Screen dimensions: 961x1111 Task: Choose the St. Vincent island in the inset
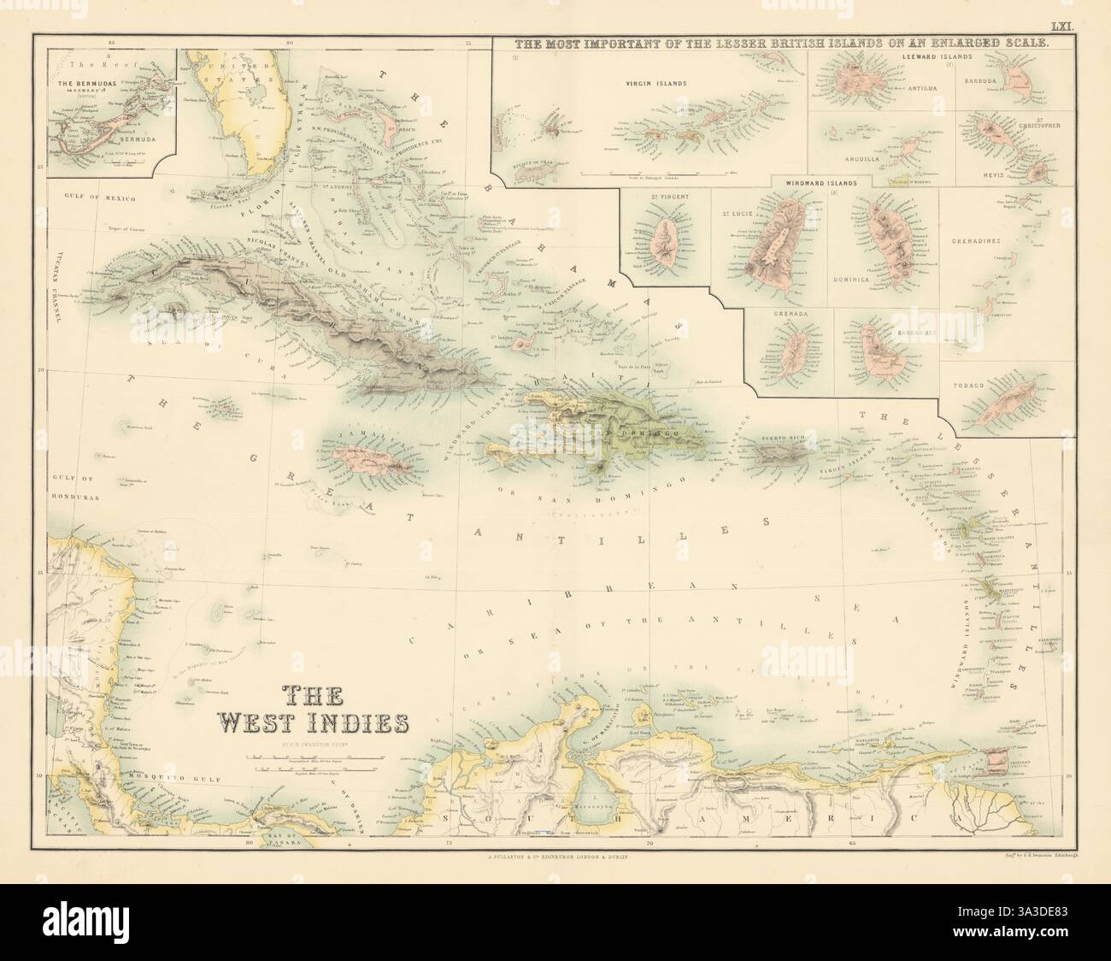(x=661, y=240)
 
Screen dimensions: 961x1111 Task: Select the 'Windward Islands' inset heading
(x=822, y=181)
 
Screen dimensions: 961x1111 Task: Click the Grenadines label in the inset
(x=1000, y=243)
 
